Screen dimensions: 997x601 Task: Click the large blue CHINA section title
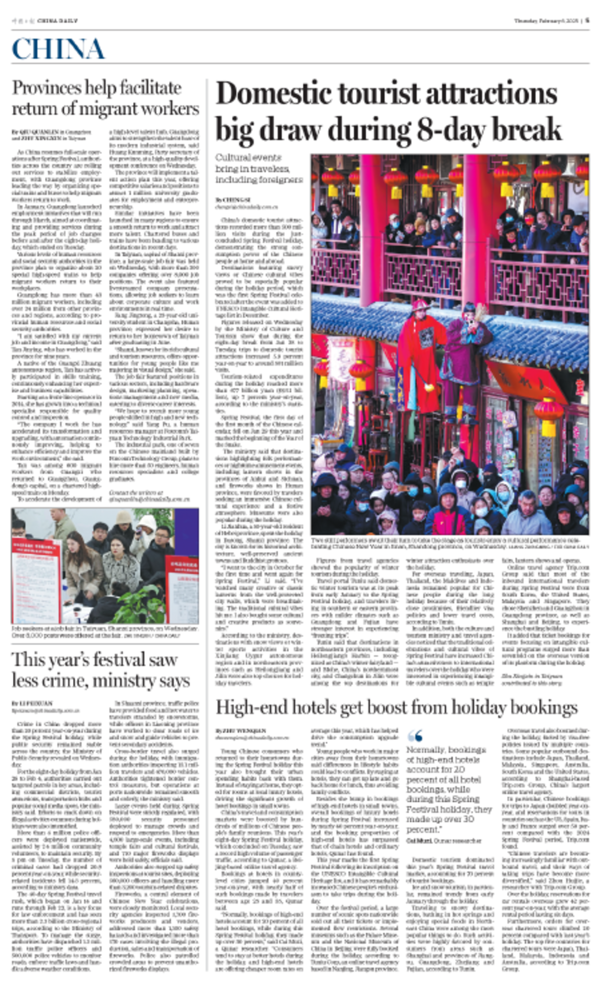click(x=58, y=49)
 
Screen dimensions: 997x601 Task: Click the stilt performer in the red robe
click(x=421, y=356)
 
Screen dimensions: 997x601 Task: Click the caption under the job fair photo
click(x=104, y=632)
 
